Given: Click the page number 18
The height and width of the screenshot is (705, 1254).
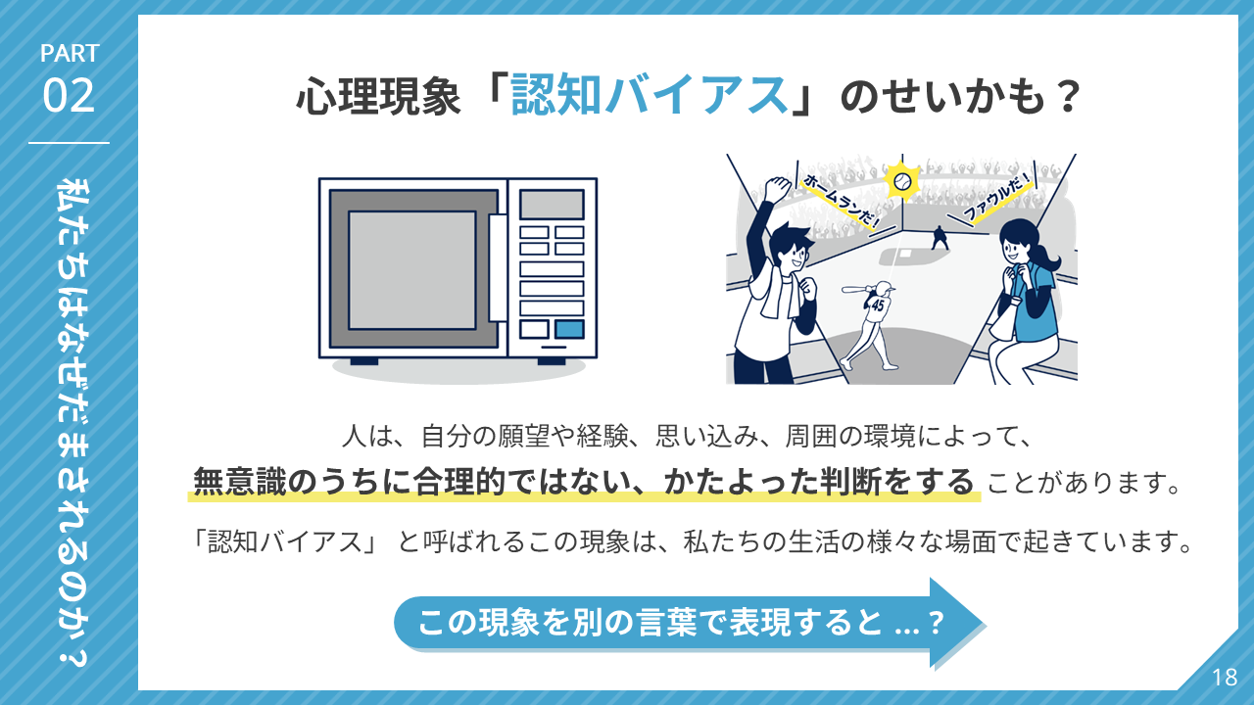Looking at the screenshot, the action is (x=1225, y=678).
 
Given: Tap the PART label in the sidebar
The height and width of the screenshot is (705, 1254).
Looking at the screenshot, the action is (x=70, y=54).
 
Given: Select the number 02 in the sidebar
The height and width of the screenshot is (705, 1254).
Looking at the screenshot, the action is (x=69, y=96).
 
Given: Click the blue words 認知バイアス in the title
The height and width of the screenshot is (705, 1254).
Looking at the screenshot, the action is (x=650, y=95).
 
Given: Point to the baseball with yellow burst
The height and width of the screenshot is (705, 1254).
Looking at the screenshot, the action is (x=902, y=181).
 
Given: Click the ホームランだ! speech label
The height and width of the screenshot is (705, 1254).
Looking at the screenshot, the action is (x=841, y=202).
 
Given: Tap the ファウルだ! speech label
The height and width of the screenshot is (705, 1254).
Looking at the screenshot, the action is (x=996, y=197).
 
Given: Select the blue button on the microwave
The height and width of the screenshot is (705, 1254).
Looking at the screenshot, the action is (x=569, y=330).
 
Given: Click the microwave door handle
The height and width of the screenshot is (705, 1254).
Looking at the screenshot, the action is (x=498, y=267).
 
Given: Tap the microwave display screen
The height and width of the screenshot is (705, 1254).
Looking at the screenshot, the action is (x=552, y=205).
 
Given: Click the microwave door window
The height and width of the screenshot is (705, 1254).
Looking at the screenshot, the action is (x=412, y=270).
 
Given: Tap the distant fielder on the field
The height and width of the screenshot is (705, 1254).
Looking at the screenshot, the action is (x=940, y=238).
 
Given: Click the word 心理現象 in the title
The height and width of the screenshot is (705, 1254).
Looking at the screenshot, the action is (x=378, y=97).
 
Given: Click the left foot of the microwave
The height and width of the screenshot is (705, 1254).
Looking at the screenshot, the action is (x=363, y=361).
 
